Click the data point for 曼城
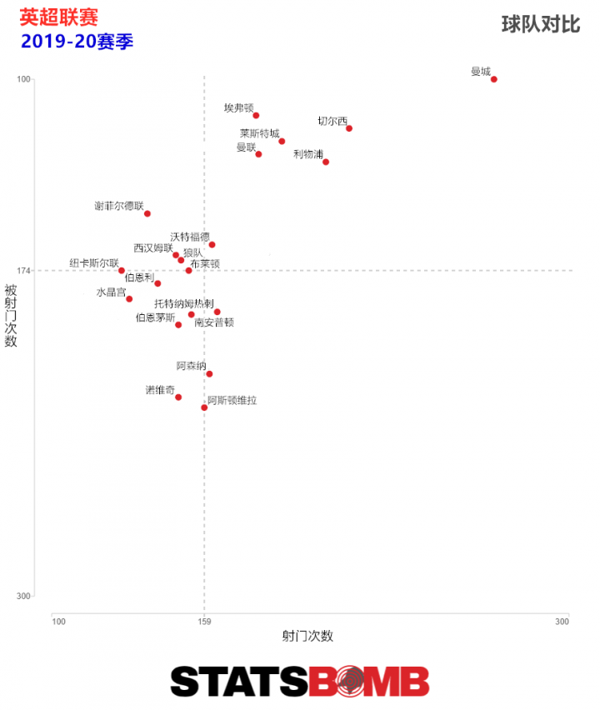click(x=494, y=79)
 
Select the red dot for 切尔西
click(x=349, y=128)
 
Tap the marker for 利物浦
click(x=326, y=162)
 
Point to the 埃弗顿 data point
click(x=256, y=115)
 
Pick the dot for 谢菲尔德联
click(x=147, y=213)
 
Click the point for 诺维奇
click(x=178, y=397)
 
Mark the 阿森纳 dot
click(x=209, y=374)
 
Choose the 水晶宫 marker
click(x=129, y=299)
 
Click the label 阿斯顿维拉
click(x=232, y=401)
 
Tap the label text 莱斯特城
click(x=259, y=133)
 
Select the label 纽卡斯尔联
click(x=93, y=263)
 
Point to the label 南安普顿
click(x=214, y=322)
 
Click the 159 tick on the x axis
click(x=204, y=621)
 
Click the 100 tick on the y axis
click(x=23, y=79)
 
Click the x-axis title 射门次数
click(x=307, y=636)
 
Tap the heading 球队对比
click(x=540, y=24)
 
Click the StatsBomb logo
click(x=300, y=681)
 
